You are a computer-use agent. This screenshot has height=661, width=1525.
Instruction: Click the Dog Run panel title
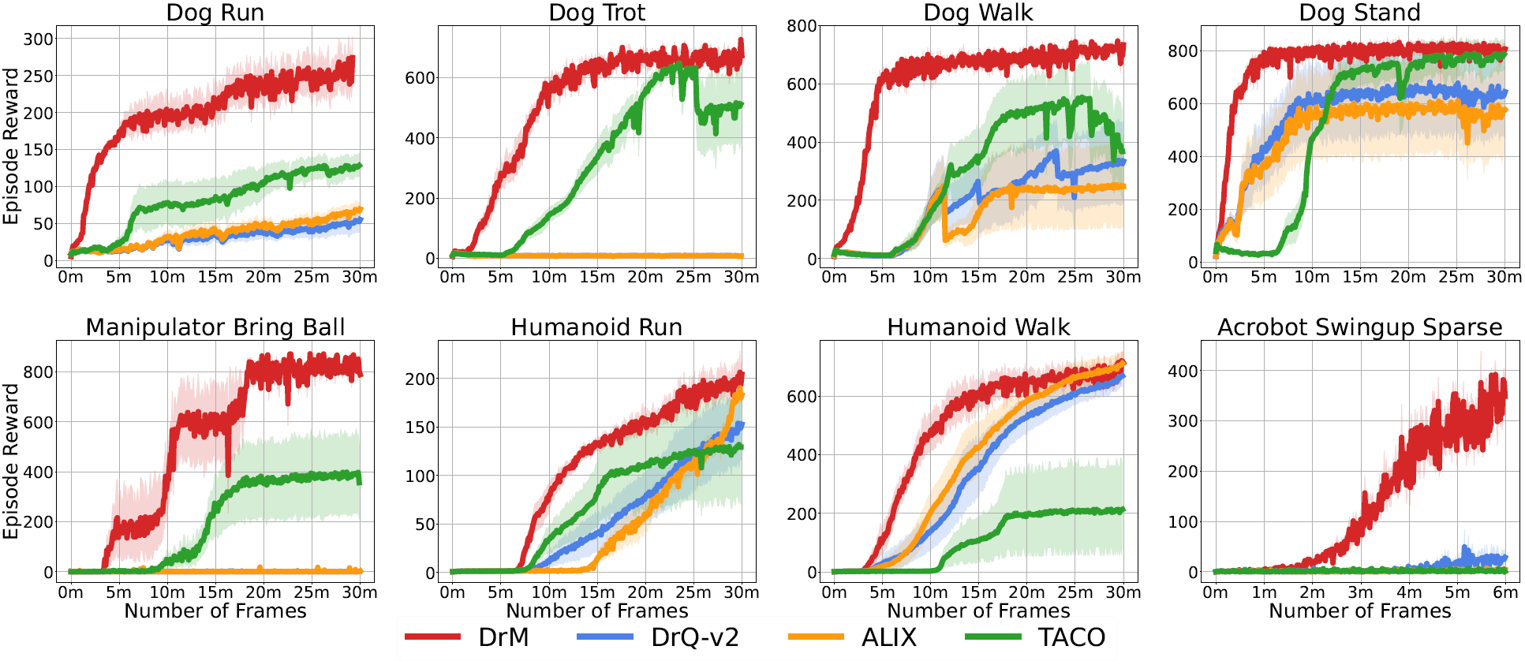[215, 13]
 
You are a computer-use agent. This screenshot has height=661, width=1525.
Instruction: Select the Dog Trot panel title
[596, 13]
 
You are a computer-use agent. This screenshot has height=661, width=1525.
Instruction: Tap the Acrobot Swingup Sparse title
[1359, 327]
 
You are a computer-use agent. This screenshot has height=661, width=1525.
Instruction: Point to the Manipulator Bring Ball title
[215, 327]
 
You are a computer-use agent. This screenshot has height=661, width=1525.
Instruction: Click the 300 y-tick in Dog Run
[38, 39]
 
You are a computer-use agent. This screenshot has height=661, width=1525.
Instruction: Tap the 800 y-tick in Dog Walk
[802, 26]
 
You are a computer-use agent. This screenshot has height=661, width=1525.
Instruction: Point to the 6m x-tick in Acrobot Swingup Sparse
[1505, 592]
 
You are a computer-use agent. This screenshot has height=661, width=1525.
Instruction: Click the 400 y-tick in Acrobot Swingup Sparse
[1183, 371]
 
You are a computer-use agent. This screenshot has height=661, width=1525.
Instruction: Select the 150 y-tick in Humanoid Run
[420, 428]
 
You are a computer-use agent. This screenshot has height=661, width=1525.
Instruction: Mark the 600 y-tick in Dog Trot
[420, 78]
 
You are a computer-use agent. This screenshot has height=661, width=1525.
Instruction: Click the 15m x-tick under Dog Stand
[1359, 277]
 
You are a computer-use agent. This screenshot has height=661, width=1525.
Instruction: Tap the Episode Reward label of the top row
[11, 146]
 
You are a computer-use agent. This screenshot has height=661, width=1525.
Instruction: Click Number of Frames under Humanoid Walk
[978, 611]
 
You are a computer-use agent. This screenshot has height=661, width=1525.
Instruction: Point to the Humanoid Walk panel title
[978, 327]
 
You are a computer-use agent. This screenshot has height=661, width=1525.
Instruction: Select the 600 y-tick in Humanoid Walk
[802, 397]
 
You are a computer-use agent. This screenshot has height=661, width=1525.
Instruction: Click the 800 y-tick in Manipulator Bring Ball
[38, 372]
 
